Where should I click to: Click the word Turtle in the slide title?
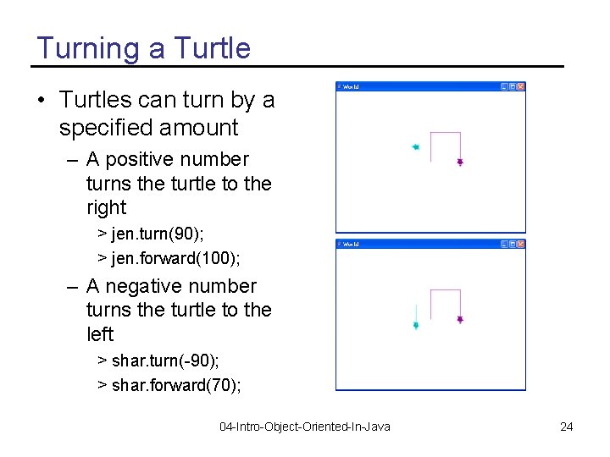click(212, 48)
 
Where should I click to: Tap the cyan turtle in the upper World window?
click(415, 146)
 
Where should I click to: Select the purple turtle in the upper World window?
click(460, 161)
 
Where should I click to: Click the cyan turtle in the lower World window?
click(415, 325)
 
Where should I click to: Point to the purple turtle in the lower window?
click(460, 319)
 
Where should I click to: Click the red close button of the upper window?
click(521, 86)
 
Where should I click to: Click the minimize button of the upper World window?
click(503, 86)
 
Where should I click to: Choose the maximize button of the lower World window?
click(512, 244)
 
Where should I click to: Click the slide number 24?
click(567, 427)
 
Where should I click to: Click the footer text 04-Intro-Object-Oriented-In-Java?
click(305, 427)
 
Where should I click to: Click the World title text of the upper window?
click(351, 87)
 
